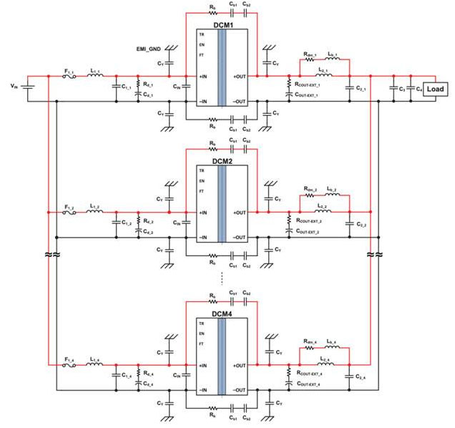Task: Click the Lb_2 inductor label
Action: pos(332,189)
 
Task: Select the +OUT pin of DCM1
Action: pos(239,76)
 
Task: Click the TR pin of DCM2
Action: pos(202,171)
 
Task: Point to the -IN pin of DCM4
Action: pos(204,390)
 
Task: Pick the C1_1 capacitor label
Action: pos(125,88)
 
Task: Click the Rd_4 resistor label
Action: pos(149,372)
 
